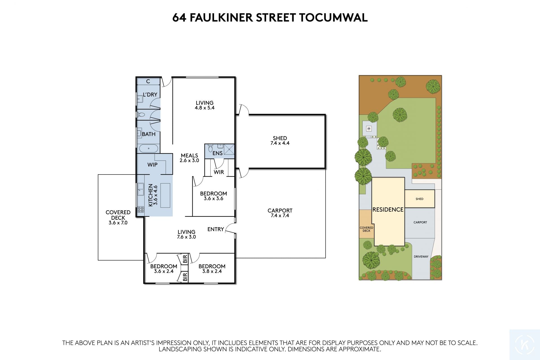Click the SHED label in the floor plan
(280, 138)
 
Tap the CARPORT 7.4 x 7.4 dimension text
(280, 216)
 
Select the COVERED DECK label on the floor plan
(118, 215)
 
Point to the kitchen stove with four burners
(141, 209)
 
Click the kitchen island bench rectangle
(165, 195)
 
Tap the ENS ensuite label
(217, 153)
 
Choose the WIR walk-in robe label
(219, 172)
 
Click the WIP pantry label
(152, 165)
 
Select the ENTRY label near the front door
(216, 229)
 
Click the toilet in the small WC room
(141, 115)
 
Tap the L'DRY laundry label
(150, 95)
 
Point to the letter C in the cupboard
(148, 81)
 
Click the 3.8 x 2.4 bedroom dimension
(212, 271)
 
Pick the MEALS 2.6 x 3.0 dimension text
(190, 160)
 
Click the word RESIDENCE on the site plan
(388, 210)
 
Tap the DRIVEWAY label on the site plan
(421, 257)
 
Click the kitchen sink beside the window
(141, 189)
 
